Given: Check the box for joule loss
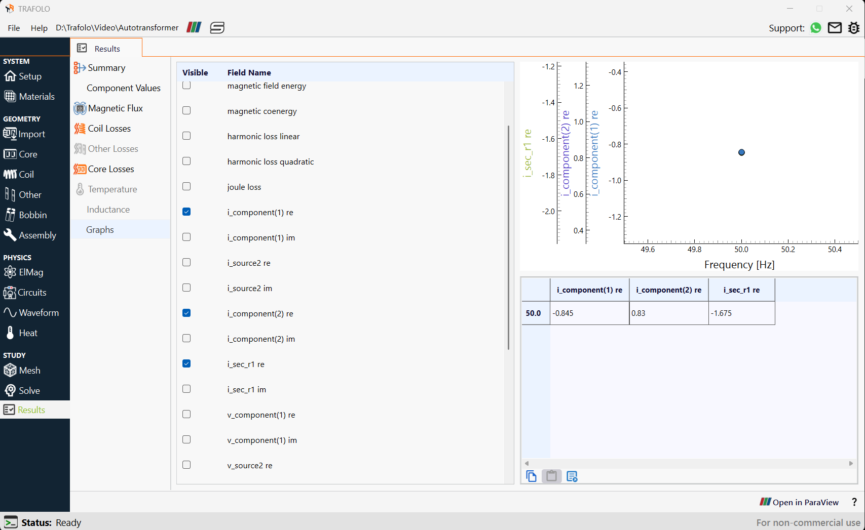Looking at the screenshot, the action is pos(186,187).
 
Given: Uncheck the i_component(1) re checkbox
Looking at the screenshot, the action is pos(186,212).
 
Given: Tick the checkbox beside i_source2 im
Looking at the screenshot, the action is pos(186,288).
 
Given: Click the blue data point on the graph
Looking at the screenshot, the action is pos(741,152).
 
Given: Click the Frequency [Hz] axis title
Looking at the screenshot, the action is pos(739,265).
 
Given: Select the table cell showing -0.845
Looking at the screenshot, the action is pos(589,313).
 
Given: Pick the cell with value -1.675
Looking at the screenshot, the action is pos(741,313).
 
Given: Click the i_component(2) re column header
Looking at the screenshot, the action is pos(668,290).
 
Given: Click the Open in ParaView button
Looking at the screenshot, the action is pos(799,502).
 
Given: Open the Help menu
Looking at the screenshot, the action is pos(39,28).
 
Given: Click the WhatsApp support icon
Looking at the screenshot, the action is pos(815,28).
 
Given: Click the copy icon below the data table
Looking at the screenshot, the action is pos(532,476).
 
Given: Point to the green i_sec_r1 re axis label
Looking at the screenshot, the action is pos(528,153).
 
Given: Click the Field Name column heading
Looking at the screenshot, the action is pos(249,72).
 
